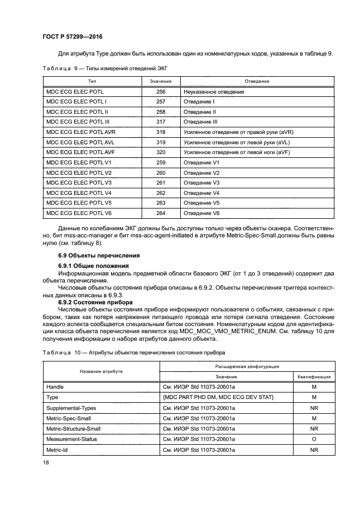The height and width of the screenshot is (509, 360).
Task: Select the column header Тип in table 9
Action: point(88,81)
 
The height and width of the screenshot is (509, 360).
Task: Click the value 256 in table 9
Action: point(160,91)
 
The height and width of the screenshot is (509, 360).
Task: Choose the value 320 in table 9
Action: point(160,152)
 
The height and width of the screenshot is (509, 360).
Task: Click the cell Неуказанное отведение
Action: point(213,91)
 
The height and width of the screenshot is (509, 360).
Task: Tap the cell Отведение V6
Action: point(201,213)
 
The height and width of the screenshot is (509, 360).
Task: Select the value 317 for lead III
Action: point(160,122)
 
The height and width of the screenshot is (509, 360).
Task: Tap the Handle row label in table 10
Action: point(55,387)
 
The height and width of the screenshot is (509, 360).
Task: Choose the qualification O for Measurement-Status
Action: point(313,439)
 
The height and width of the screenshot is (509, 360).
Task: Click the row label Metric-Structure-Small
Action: point(74,428)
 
